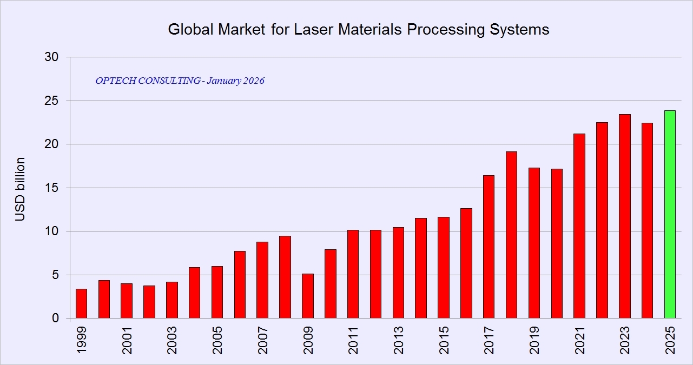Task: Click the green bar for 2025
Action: pos(670,215)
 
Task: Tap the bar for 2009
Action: pos(307,296)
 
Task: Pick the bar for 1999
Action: pos(81,304)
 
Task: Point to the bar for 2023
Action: pos(624,216)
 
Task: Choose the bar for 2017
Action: pos(489,247)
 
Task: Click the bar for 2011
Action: pos(353,274)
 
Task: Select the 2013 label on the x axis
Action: pos(399,340)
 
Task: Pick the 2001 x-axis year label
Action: pos(127,340)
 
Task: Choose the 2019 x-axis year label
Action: pos(534,340)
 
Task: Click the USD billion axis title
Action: pos(20,189)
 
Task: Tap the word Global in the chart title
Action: pos(190,29)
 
